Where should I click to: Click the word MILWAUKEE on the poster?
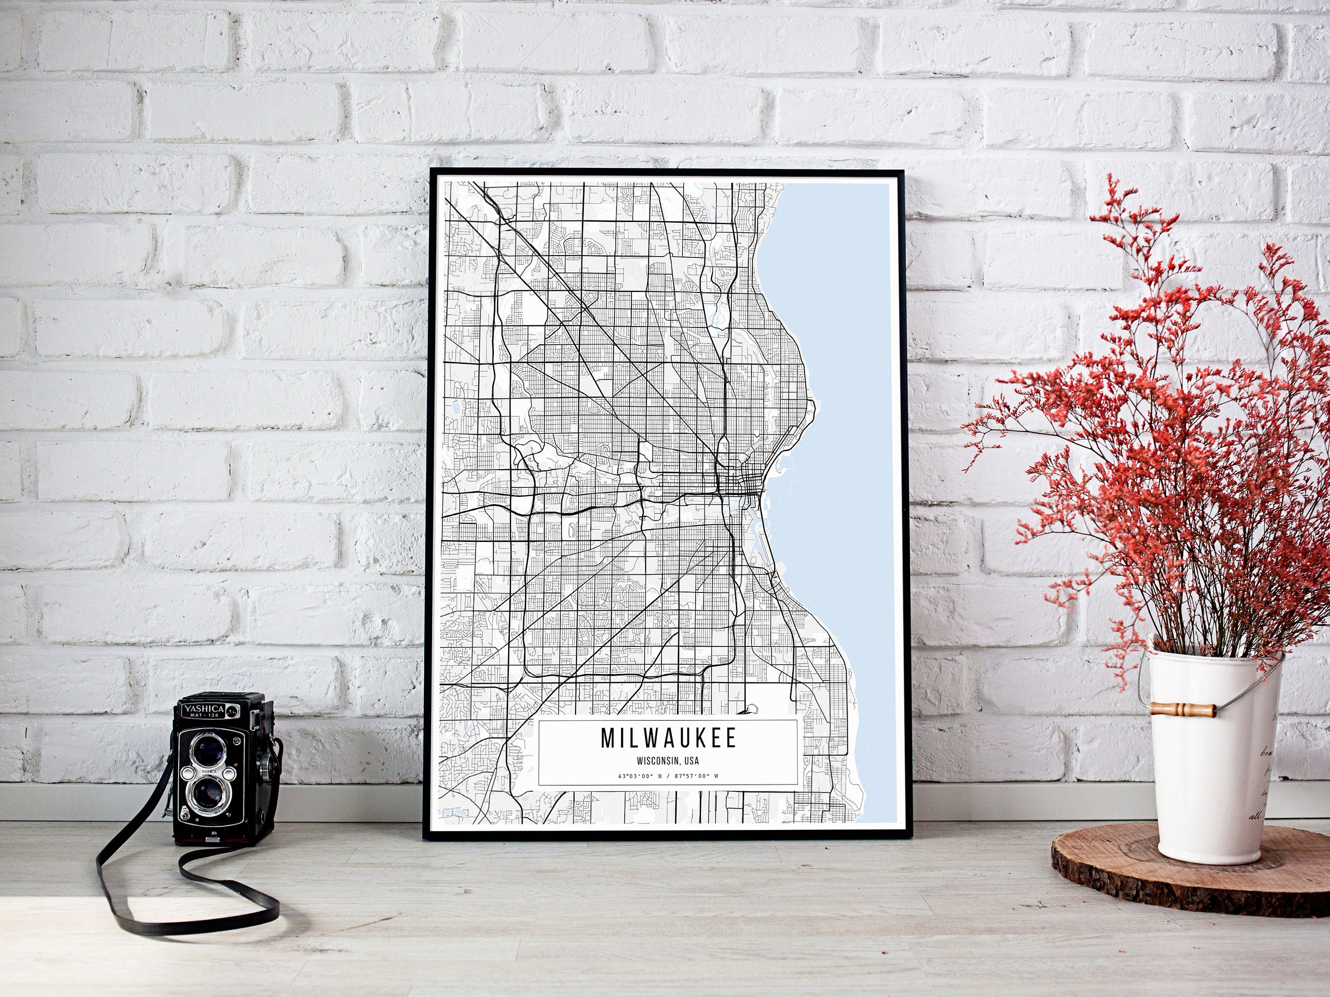pos(668,739)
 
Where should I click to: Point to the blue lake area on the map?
pos(842,421)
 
